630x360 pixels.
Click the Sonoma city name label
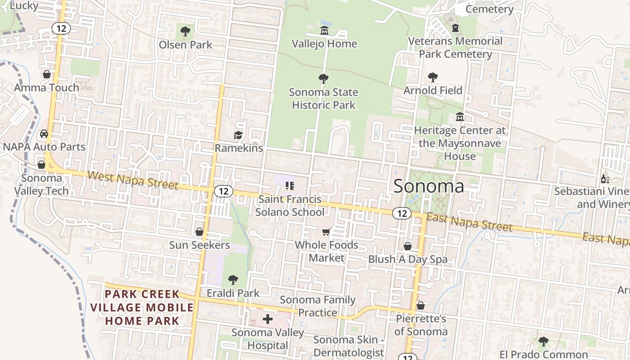428,185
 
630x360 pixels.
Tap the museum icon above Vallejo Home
324,31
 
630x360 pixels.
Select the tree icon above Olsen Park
185,31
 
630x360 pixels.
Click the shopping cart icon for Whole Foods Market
326,232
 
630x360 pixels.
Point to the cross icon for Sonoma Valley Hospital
268,319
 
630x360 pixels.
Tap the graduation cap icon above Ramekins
238,135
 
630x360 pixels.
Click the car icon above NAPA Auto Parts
44,134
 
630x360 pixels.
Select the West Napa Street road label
133,180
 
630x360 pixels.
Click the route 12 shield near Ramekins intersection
224,191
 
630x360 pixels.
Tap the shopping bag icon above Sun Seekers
199,232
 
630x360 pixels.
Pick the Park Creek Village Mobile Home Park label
142,307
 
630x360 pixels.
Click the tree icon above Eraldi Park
233,280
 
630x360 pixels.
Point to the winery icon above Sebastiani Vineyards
605,179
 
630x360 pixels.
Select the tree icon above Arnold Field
432,77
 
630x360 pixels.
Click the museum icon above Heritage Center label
459,117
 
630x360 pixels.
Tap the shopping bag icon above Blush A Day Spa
407,246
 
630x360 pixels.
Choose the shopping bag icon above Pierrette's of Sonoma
420,306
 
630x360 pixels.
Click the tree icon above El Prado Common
543,341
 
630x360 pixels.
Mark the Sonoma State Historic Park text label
324,99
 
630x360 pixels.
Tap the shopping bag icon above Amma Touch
46,74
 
